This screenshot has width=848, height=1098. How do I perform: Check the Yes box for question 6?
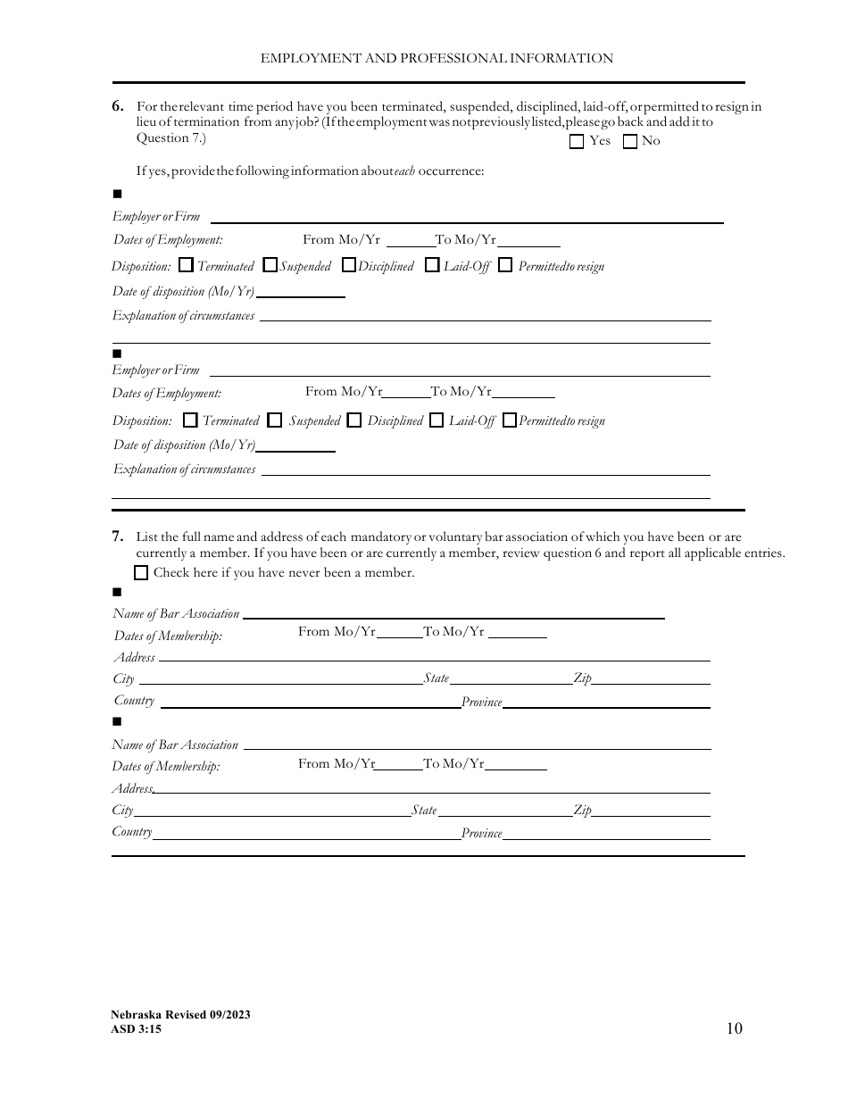pyautogui.click(x=577, y=141)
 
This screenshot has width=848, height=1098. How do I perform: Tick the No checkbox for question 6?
pyautogui.click(x=630, y=141)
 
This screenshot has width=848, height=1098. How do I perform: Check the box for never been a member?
pyautogui.click(x=141, y=573)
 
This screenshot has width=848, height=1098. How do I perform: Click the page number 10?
pyautogui.click(x=734, y=1028)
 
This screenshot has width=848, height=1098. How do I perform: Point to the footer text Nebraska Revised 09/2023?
pyautogui.click(x=180, y=1015)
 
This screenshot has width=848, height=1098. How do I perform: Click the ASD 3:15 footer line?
pyautogui.click(x=137, y=1029)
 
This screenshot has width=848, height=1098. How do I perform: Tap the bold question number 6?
pyautogui.click(x=118, y=106)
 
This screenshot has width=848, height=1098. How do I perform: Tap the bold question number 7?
pyautogui.click(x=118, y=537)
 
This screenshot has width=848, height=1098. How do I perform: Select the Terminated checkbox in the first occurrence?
pyautogui.click(x=186, y=265)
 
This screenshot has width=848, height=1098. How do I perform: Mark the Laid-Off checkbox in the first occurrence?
pyautogui.click(x=432, y=265)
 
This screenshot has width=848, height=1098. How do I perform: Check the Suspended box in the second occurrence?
pyautogui.click(x=275, y=420)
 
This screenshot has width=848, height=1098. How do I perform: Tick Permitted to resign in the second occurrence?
pyautogui.click(x=509, y=420)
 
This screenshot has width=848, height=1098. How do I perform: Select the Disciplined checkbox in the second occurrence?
pyautogui.click(x=354, y=420)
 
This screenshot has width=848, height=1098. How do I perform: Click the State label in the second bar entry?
pyautogui.click(x=424, y=811)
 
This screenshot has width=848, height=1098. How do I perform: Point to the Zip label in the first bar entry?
pyautogui.click(x=582, y=678)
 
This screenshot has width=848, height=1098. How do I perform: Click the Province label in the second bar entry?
pyautogui.click(x=481, y=833)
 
